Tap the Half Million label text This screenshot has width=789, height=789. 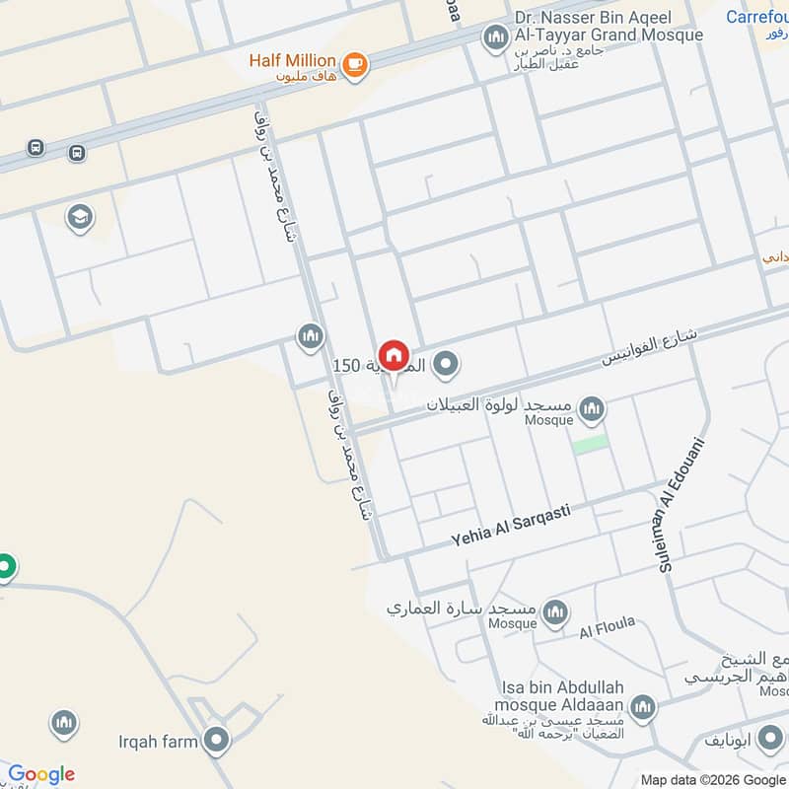pyautogui.click(x=292, y=60)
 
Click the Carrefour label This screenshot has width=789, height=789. pyautogui.click(x=756, y=17)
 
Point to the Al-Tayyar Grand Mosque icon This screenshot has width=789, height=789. pyautogui.click(x=494, y=39)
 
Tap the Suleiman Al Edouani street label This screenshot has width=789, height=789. pyautogui.click(x=682, y=504)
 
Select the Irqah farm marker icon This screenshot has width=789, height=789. pyautogui.click(x=216, y=740)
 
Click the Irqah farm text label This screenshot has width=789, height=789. pyautogui.click(x=159, y=741)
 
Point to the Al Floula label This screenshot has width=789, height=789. pyautogui.click(x=606, y=630)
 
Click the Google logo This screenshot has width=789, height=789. pyautogui.click(x=40, y=774)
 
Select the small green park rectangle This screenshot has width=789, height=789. pyautogui.click(x=590, y=444)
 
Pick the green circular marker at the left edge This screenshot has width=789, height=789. pyautogui.click(x=5, y=567)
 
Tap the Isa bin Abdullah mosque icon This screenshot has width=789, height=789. pyautogui.click(x=642, y=706)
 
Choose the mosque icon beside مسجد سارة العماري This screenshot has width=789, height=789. pyautogui.click(x=554, y=612)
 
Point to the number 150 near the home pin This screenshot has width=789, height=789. pyautogui.click(x=346, y=366)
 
